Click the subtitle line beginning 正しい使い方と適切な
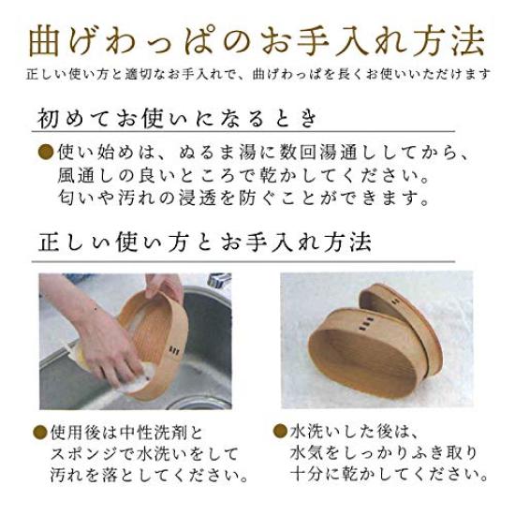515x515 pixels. [257, 73]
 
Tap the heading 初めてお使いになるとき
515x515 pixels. [179, 119]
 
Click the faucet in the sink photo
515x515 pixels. [221, 281]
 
